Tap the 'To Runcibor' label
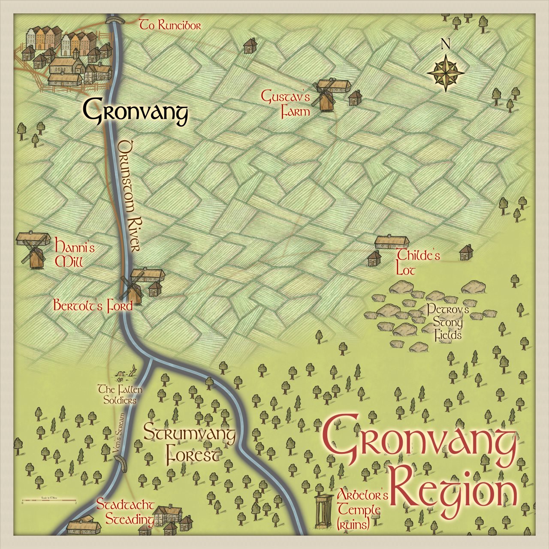point(170,26)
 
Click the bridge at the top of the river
point(115,19)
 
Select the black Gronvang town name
point(136,112)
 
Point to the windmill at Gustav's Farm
point(325,95)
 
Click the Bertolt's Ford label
point(93,306)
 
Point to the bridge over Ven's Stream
point(121,464)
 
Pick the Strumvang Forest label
point(190,444)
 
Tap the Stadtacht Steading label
point(125,511)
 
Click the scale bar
point(49,501)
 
